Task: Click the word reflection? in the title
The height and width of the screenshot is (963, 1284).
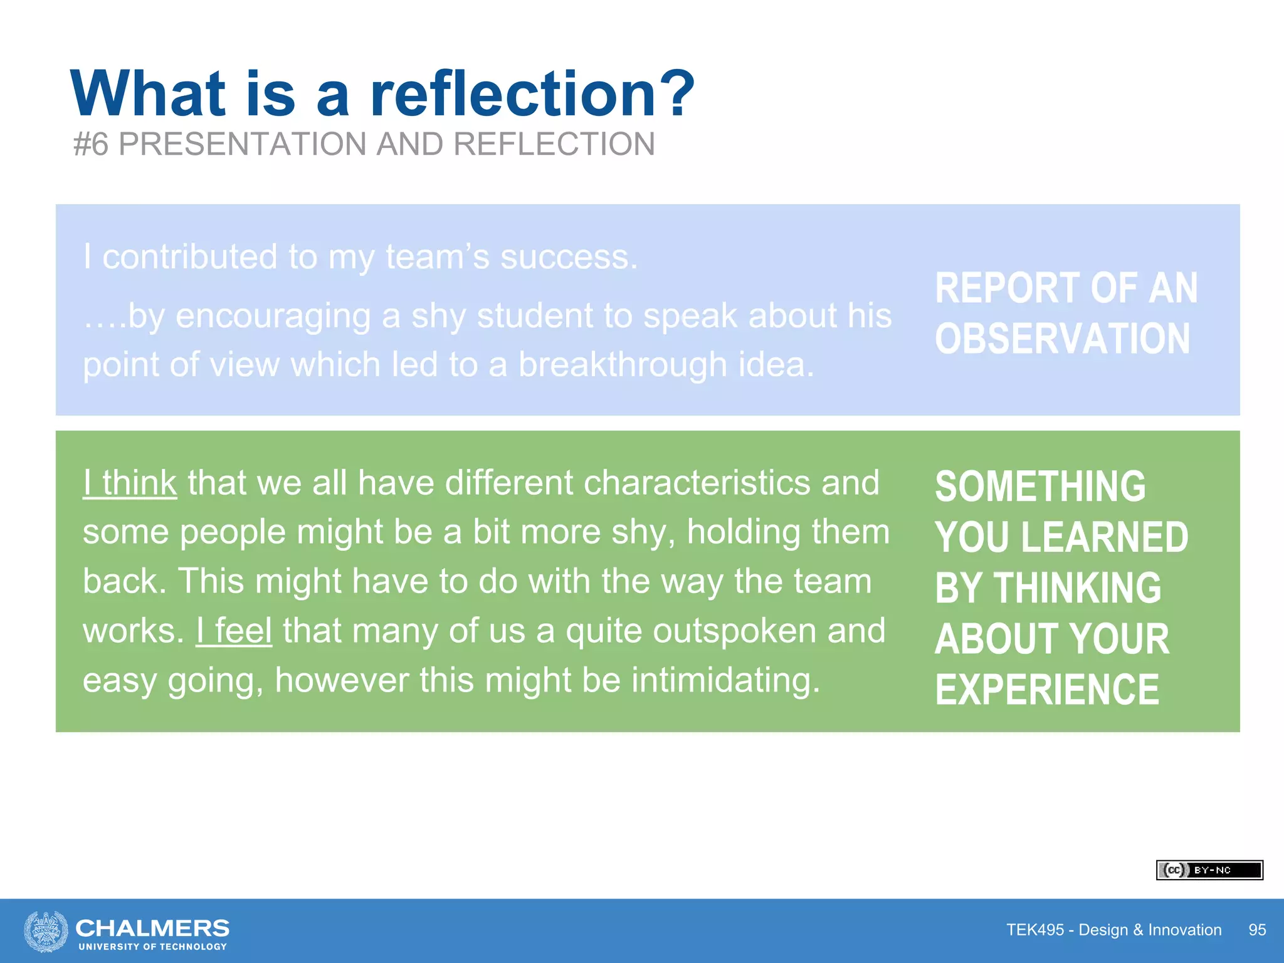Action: (x=532, y=94)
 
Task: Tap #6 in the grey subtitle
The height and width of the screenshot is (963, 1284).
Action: (x=91, y=144)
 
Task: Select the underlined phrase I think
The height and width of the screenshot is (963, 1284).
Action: (x=130, y=483)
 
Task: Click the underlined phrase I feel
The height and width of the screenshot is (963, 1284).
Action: (x=234, y=631)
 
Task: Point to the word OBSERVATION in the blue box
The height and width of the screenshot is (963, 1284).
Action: (x=1062, y=339)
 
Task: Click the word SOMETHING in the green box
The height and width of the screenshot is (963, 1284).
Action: (x=1040, y=487)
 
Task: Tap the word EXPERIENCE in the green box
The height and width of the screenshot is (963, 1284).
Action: (x=1047, y=690)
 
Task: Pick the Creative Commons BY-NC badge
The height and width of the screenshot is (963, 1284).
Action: (x=1209, y=870)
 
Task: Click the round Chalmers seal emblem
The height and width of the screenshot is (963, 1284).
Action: (x=46, y=931)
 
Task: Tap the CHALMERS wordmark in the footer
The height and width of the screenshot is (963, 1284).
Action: (x=152, y=928)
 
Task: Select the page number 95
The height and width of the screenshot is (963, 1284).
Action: (x=1257, y=930)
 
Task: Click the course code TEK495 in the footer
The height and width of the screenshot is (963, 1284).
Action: (x=1035, y=930)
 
